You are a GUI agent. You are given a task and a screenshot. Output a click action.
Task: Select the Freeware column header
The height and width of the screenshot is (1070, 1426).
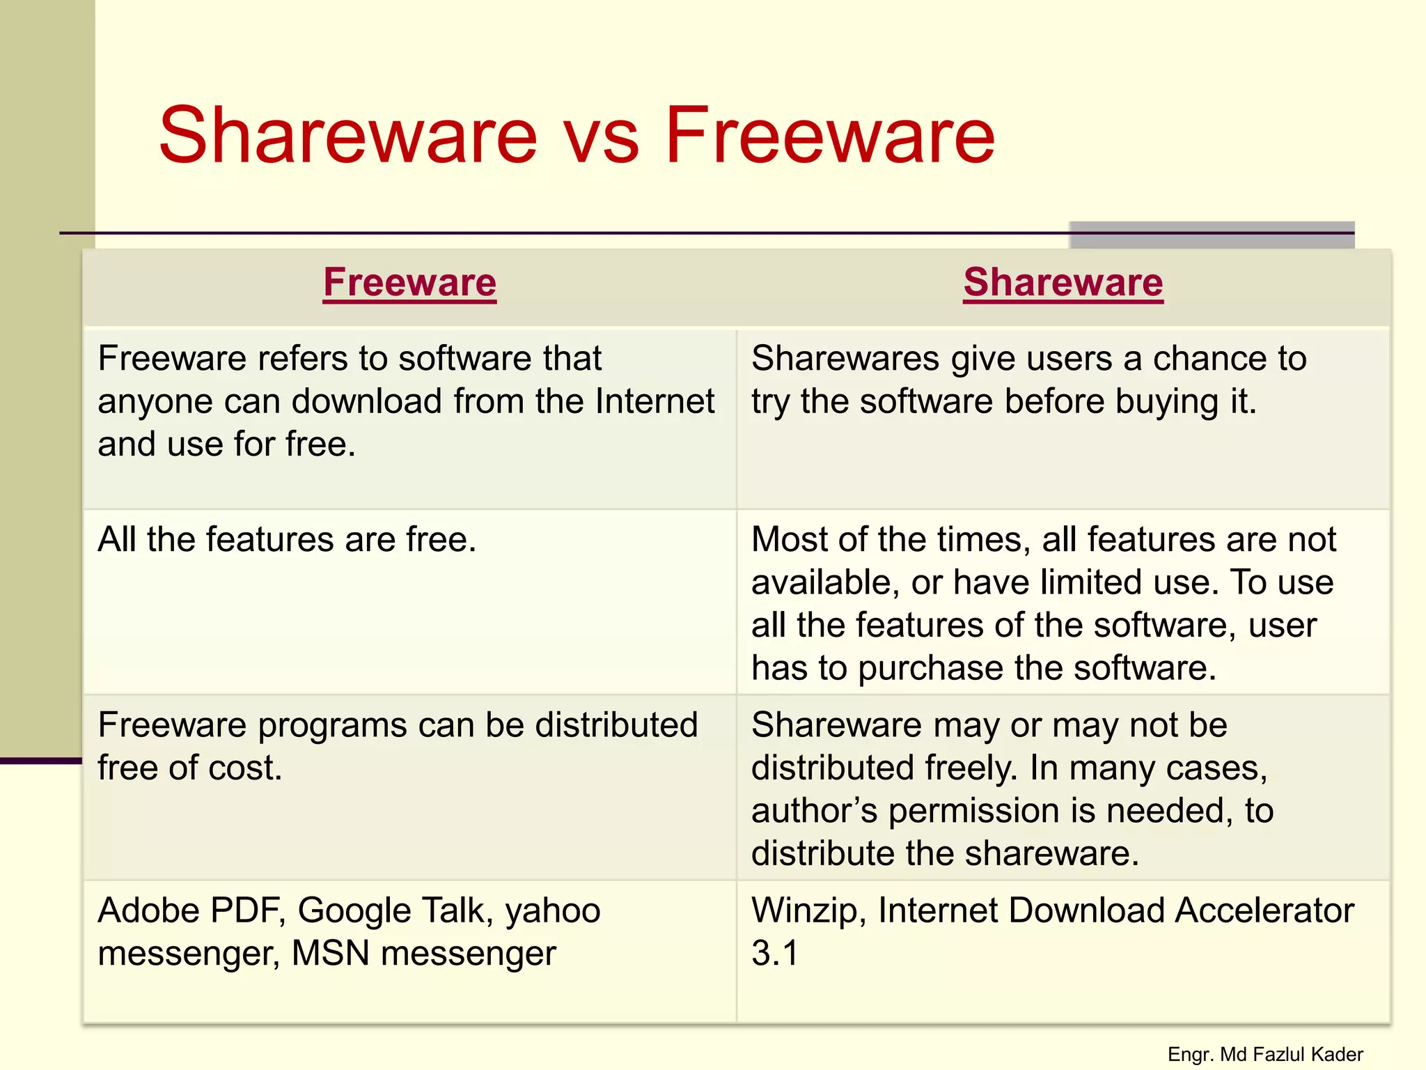coord(409,283)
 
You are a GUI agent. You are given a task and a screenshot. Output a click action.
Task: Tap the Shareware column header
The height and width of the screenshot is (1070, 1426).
coord(1063,283)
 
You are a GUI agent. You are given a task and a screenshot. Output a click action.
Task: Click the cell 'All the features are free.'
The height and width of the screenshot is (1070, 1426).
coord(287,540)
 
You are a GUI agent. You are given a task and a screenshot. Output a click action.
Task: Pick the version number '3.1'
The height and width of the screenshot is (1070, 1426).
coord(774,953)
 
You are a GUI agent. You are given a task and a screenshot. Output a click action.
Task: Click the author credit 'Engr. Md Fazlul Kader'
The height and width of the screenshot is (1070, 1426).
coord(1264,1055)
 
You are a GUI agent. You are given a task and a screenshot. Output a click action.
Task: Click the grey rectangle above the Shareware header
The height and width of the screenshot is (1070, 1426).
coord(1212,235)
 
